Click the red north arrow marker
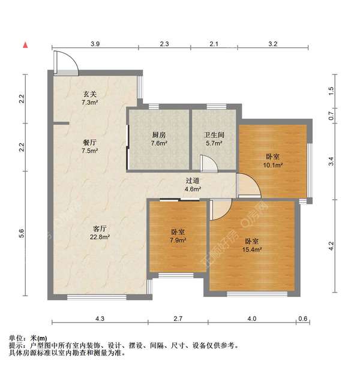(x=25, y=45)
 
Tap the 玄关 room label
(x=90, y=94)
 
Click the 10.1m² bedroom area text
(x=273, y=165)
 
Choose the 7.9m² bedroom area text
(x=178, y=240)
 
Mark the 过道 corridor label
(x=192, y=181)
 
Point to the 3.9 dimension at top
(x=95, y=44)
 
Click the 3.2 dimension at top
(x=272, y=44)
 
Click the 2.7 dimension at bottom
(x=178, y=318)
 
